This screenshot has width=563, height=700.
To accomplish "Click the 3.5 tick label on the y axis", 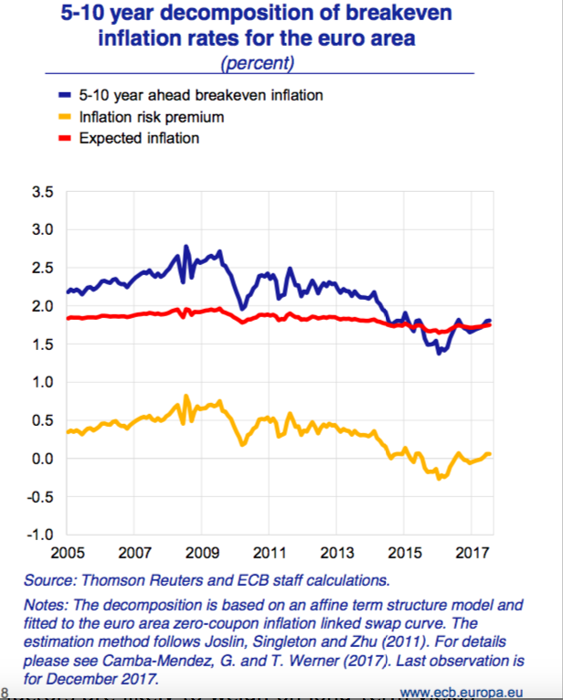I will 43,192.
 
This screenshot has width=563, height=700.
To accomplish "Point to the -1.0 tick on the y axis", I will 41,534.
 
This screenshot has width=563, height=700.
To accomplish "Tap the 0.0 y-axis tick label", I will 43,458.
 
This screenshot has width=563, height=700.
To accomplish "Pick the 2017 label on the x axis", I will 471,553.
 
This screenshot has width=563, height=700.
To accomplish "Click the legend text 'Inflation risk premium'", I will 151,117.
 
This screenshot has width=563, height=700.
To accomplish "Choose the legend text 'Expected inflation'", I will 139,139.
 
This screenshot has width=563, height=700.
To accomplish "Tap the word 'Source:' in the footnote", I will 51,579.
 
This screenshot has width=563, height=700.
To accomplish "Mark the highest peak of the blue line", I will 186,247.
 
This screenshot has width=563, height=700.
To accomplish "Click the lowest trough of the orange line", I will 440,478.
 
